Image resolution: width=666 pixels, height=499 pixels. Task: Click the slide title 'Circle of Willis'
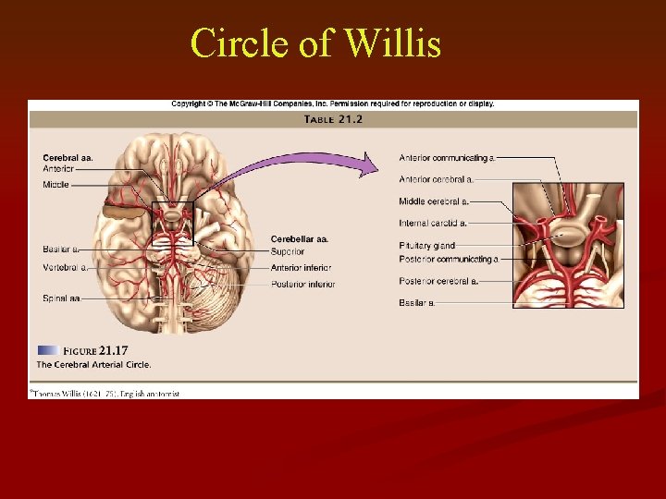315,43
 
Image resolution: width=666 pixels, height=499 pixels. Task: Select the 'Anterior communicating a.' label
447,157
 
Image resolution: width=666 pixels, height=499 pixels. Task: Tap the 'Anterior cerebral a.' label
436,179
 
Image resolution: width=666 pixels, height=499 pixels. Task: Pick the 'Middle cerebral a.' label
433,201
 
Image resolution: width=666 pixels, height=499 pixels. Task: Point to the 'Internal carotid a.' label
432,224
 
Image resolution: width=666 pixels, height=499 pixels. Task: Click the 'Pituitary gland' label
426,246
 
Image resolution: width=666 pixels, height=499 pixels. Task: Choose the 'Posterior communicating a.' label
448,260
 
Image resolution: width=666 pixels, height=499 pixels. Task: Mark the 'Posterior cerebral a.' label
438,281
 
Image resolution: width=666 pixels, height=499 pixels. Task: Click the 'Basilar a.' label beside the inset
416,303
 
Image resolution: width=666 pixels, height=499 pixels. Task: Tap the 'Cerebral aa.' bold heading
68,158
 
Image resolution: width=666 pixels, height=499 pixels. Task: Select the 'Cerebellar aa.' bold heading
299,239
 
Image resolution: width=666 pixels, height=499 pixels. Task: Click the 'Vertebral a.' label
65,268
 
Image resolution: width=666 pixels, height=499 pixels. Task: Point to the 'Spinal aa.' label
61,298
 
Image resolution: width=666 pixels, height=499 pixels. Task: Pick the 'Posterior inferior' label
302,284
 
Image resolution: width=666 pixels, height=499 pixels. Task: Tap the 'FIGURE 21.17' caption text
94,351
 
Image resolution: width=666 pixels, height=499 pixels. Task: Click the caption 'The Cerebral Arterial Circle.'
93,365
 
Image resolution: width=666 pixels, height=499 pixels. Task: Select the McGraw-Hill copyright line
332,104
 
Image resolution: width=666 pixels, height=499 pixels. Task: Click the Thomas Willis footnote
104,393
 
